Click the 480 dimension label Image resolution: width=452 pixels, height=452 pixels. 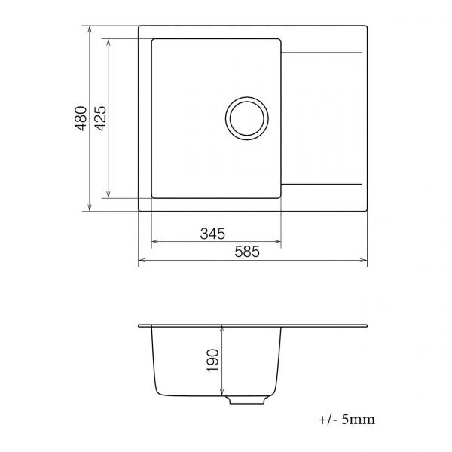click(81, 118)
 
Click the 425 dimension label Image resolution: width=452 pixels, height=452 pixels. click(101, 118)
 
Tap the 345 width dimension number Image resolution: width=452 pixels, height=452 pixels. click(212, 234)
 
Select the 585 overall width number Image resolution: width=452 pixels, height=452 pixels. click(247, 252)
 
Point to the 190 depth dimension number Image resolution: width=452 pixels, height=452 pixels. click(213, 361)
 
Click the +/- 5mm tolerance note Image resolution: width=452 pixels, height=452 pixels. click(347, 420)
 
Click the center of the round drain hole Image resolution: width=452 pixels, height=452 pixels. click(247, 118)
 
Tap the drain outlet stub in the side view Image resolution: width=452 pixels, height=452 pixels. click(247, 400)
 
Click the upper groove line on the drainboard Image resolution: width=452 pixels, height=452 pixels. click(321, 53)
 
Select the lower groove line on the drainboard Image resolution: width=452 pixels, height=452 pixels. click(321, 184)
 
